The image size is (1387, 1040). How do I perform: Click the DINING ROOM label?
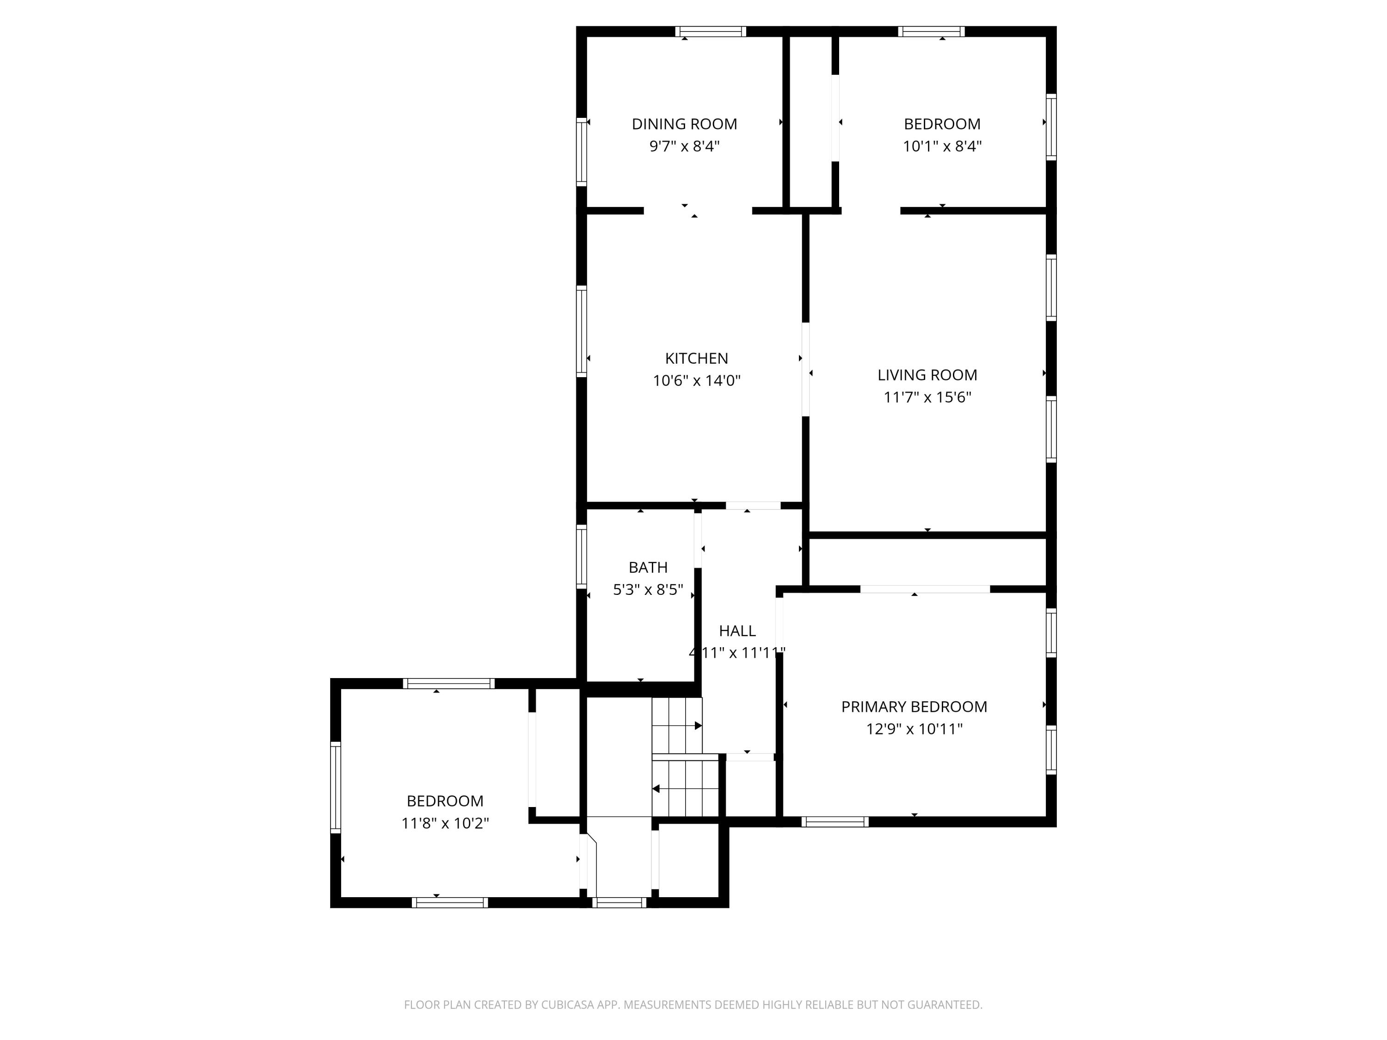click(x=684, y=124)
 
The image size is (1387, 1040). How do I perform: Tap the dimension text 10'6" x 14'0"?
click(x=697, y=380)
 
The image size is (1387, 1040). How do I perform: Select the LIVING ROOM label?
click(x=927, y=375)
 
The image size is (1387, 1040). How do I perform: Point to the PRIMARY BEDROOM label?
click(x=914, y=706)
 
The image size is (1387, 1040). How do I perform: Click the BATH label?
click(x=648, y=567)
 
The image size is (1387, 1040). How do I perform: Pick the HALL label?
click(x=737, y=630)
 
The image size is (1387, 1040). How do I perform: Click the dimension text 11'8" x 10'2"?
click(x=445, y=823)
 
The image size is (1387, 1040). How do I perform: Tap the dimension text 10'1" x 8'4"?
click(x=942, y=146)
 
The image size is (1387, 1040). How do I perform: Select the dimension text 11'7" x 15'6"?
click(x=927, y=397)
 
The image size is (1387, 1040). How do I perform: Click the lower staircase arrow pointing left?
click(x=657, y=789)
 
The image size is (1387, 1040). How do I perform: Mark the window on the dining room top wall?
click(x=711, y=32)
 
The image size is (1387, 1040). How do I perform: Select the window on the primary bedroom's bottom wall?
click(x=835, y=822)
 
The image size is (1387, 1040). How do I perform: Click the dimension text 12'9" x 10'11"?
click(x=914, y=728)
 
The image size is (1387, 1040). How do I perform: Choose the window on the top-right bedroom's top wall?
click(x=931, y=32)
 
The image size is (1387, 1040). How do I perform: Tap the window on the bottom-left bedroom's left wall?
click(x=336, y=787)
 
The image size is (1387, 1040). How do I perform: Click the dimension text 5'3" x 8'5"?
click(x=648, y=589)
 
